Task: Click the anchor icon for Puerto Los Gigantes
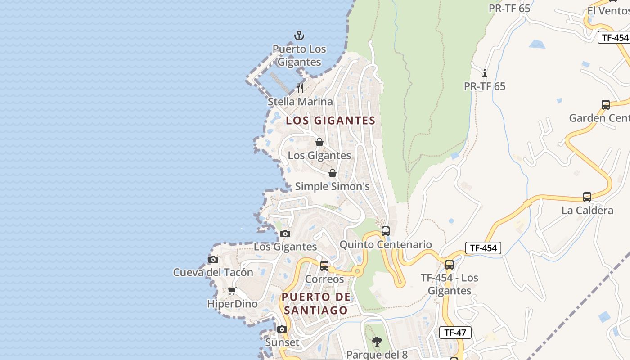tap(299, 36)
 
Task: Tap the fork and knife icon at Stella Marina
tap(300, 88)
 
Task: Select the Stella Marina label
tap(300, 102)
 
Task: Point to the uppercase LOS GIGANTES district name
tap(331, 121)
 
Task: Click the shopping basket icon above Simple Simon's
tap(333, 173)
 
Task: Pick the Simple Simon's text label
tap(332, 186)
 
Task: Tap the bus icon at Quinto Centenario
tap(386, 231)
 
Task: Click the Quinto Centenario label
tap(386, 245)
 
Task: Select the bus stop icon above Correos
tap(324, 265)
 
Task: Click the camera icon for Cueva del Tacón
tap(213, 259)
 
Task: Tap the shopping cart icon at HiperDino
tap(232, 291)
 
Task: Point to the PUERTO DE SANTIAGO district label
tap(315, 304)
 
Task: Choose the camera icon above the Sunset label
tap(282, 329)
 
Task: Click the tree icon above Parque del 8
tap(377, 342)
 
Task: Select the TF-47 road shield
tap(455, 333)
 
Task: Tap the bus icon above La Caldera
tap(587, 197)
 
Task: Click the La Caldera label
tap(587, 211)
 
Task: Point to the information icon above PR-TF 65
tap(485, 73)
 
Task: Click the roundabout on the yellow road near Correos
tap(358, 271)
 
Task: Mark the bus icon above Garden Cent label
tap(606, 105)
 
